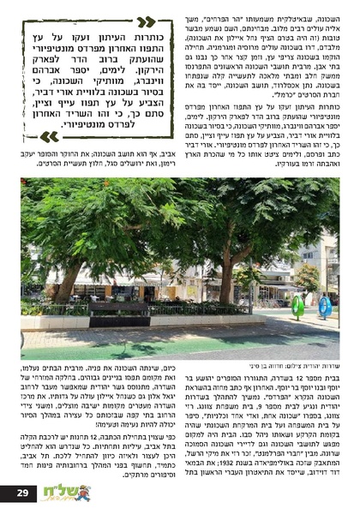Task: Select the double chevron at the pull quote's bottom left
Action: (50, 136)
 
